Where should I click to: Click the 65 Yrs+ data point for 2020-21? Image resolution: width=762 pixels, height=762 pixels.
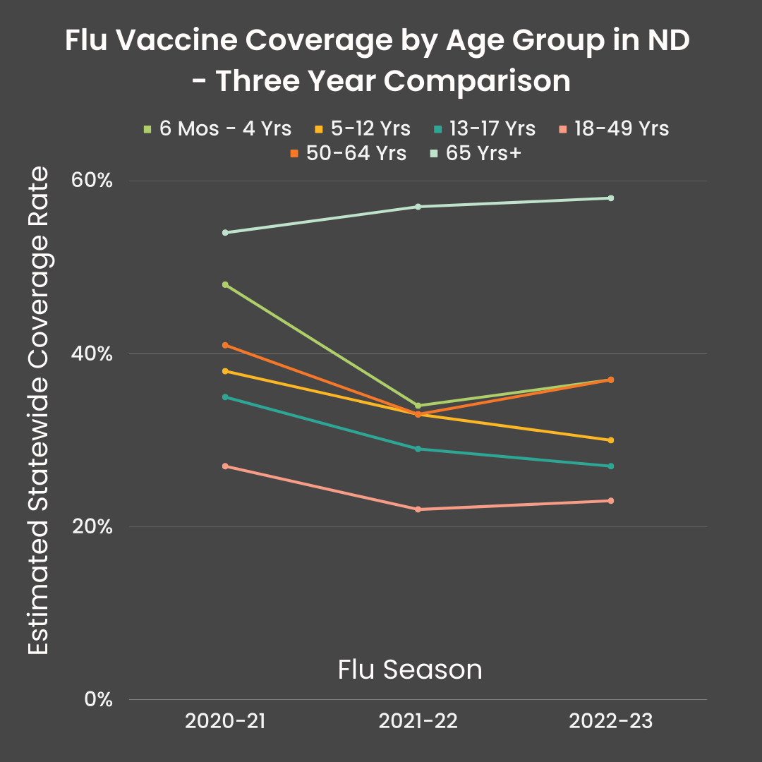click(x=225, y=232)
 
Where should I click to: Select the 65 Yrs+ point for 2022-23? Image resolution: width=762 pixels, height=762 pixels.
click(x=611, y=198)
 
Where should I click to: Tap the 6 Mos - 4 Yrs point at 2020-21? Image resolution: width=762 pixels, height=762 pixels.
click(x=225, y=284)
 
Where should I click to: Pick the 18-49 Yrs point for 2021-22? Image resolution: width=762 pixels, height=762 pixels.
click(x=418, y=509)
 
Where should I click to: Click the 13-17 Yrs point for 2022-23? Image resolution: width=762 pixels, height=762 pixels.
click(x=611, y=466)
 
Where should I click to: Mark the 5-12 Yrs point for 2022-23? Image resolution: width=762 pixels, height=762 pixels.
click(x=611, y=440)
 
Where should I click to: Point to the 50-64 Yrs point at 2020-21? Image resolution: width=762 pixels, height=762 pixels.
click(x=225, y=345)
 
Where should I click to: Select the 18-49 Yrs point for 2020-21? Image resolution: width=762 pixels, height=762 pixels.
click(x=225, y=466)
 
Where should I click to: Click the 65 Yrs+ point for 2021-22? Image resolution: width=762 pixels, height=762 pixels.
click(x=418, y=207)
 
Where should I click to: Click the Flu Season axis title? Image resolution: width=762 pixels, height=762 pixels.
click(x=410, y=670)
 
